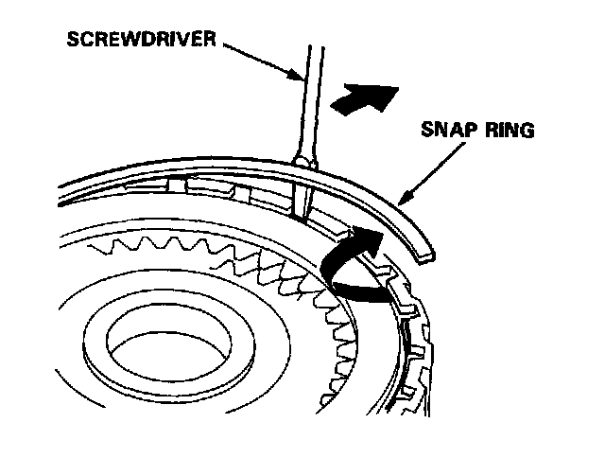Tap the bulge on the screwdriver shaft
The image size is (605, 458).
[302, 164]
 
